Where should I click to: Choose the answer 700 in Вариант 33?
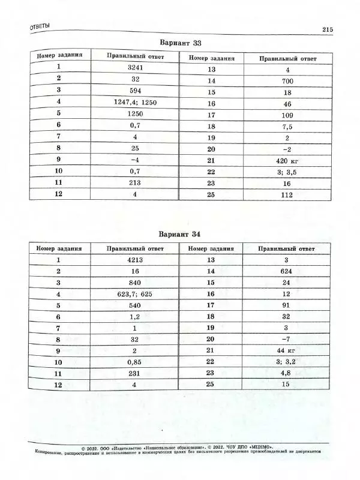287,81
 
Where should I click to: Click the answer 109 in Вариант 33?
287,115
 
